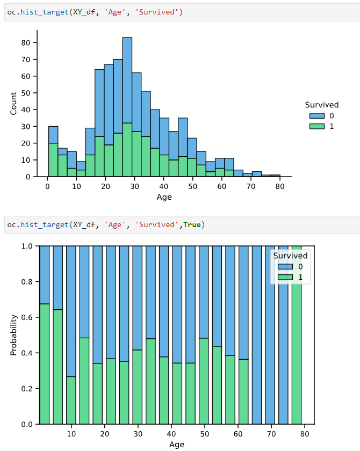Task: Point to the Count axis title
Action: click(13, 103)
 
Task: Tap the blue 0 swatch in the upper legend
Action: click(317, 115)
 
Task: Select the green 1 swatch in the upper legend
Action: click(317, 126)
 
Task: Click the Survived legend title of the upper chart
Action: click(321, 105)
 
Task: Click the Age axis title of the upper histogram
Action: click(164, 197)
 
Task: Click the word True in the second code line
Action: click(191, 224)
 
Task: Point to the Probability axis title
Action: click(13, 335)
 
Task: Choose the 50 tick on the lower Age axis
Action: click(205, 434)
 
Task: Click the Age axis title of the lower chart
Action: click(177, 445)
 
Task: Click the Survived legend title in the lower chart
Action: click(290, 256)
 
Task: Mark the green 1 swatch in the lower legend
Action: click(285, 277)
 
